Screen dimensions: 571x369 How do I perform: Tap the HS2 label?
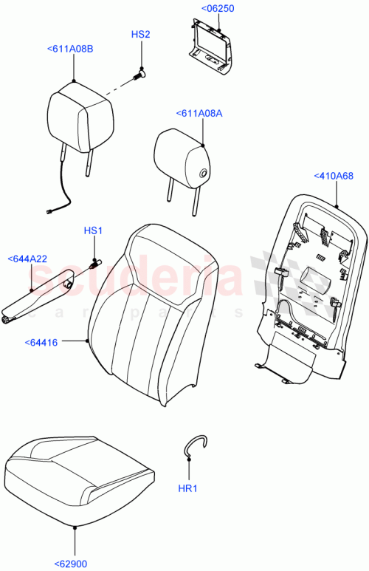(140, 35)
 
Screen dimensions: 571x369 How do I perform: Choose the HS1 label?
(92, 231)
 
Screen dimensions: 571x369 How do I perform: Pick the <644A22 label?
(27, 259)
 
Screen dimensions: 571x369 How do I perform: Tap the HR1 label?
(190, 488)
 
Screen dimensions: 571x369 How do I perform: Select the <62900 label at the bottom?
(71, 564)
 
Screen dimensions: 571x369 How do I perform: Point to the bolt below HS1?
(94, 262)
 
